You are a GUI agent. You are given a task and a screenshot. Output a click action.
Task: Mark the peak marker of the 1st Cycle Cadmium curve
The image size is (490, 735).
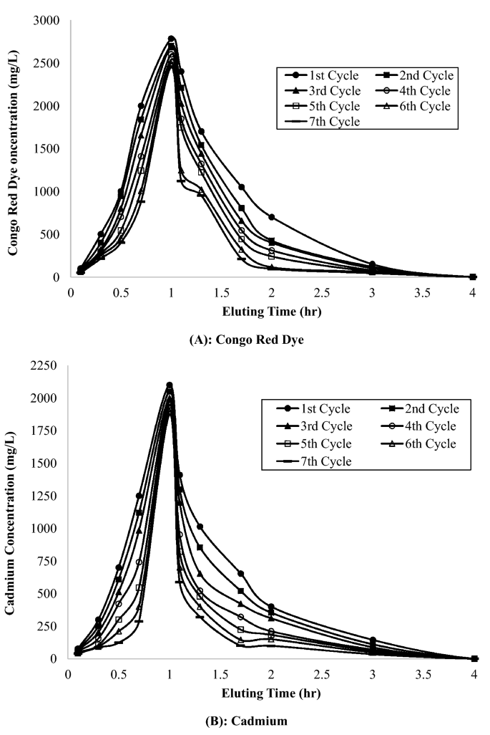tap(170, 385)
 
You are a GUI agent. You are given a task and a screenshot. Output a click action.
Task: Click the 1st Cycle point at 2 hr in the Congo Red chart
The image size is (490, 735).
tap(272, 217)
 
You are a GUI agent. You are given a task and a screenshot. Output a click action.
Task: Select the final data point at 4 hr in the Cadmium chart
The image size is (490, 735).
tap(474, 658)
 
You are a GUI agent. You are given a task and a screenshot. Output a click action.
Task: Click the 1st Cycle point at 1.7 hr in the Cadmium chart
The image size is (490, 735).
tap(241, 574)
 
